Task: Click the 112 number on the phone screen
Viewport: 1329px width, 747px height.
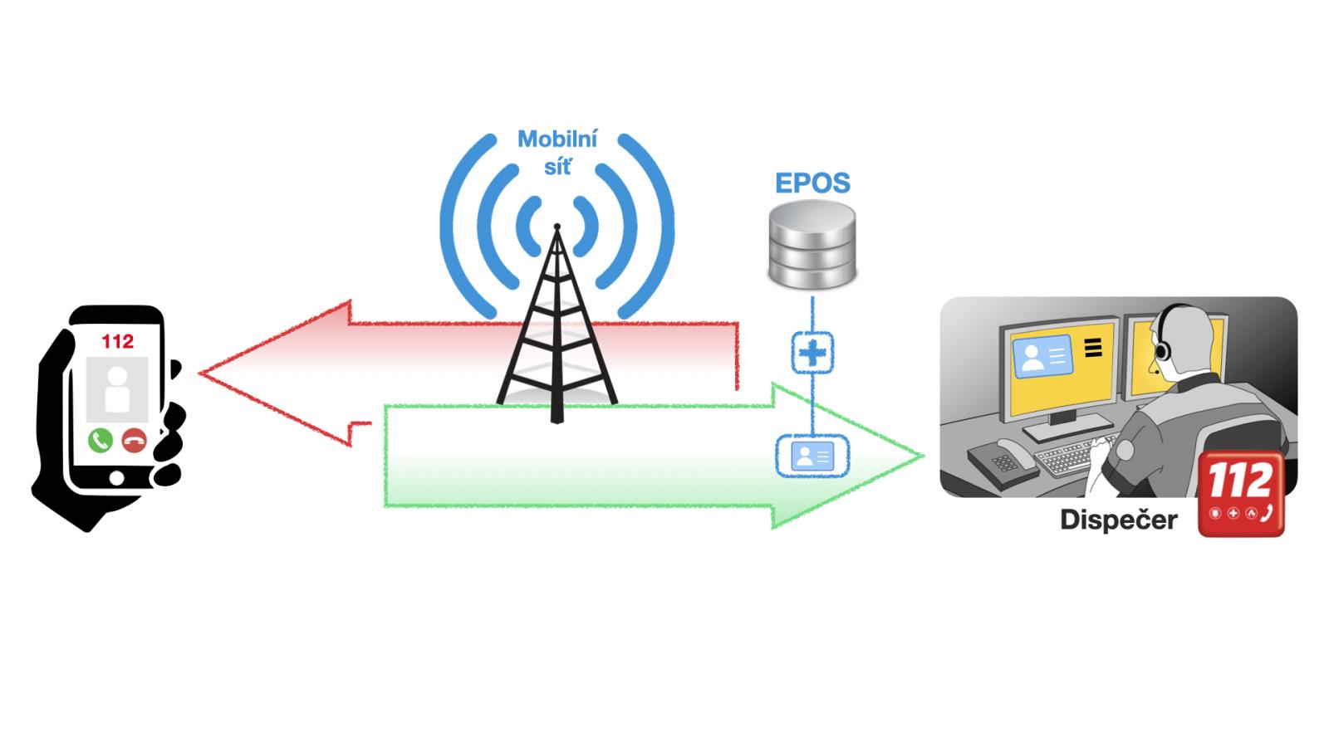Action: coord(117,341)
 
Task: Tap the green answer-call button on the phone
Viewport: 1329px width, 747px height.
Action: coord(101,439)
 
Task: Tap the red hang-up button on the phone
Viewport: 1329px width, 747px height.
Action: coord(134,440)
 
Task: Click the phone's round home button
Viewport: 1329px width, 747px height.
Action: coord(116,478)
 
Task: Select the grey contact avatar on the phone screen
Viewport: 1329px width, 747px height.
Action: coord(117,388)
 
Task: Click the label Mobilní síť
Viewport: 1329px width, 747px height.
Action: coord(557,152)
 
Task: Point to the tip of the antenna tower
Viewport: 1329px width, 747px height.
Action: coord(557,227)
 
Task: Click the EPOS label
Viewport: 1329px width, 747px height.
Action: coord(812,183)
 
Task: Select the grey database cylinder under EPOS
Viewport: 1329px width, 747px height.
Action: coord(812,245)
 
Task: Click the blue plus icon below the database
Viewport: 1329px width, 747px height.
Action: coord(812,353)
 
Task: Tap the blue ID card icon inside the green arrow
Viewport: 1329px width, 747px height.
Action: coord(812,456)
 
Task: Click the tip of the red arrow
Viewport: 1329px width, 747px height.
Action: coord(202,373)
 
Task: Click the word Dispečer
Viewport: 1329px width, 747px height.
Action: coord(1118,520)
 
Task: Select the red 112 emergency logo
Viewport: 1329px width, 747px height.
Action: coord(1241,494)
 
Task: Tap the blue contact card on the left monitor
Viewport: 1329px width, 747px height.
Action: coord(1042,357)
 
